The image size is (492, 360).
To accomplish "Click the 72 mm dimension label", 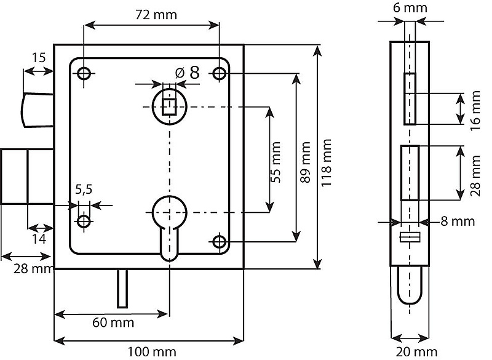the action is [156, 15].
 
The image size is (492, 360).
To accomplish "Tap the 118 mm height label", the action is [327, 163].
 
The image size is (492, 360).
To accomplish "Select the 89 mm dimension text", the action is [305, 162].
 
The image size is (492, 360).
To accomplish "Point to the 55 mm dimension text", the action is [276, 162].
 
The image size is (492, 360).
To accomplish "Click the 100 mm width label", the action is [151, 352].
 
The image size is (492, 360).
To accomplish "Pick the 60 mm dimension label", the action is [113, 322].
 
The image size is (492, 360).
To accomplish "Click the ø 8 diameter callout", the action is [188, 73].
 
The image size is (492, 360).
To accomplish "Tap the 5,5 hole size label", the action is [84, 190].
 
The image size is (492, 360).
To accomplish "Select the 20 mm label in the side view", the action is [416, 352].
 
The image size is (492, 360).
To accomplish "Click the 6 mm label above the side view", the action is [410, 8].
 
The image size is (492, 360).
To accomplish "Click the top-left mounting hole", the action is [84, 74].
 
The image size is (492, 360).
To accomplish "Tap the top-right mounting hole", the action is [220, 74].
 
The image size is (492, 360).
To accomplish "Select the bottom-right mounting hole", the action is [220, 242].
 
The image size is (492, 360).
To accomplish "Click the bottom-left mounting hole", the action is [84, 222].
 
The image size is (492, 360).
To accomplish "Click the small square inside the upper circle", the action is [170, 106].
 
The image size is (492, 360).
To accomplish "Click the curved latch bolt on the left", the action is [38, 110].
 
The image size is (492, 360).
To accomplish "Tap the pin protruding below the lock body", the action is [122, 289].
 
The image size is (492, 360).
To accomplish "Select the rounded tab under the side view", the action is [410, 285].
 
